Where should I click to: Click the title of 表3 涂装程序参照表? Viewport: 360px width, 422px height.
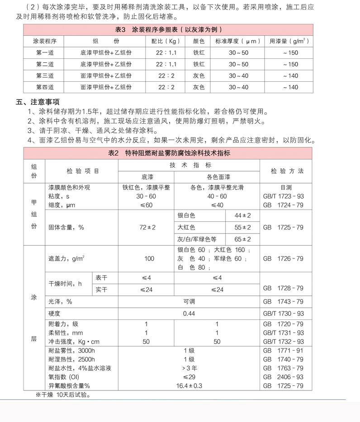point(169,30)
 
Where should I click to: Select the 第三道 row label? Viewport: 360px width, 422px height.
point(45,75)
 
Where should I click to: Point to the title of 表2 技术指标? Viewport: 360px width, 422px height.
point(169,153)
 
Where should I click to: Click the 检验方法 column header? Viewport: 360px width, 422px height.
point(287,171)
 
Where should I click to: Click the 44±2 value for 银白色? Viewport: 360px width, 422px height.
point(243,216)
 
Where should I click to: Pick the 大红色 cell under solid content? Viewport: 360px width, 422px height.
point(186,227)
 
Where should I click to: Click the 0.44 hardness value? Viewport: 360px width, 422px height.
point(189,313)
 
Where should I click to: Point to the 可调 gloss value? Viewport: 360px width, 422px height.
point(189,301)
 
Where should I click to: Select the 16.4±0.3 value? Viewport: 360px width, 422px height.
point(189,385)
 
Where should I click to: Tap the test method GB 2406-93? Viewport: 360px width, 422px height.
point(283,377)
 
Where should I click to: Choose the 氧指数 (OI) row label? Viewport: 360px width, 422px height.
point(64,377)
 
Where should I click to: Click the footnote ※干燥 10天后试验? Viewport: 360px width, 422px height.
point(63,395)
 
